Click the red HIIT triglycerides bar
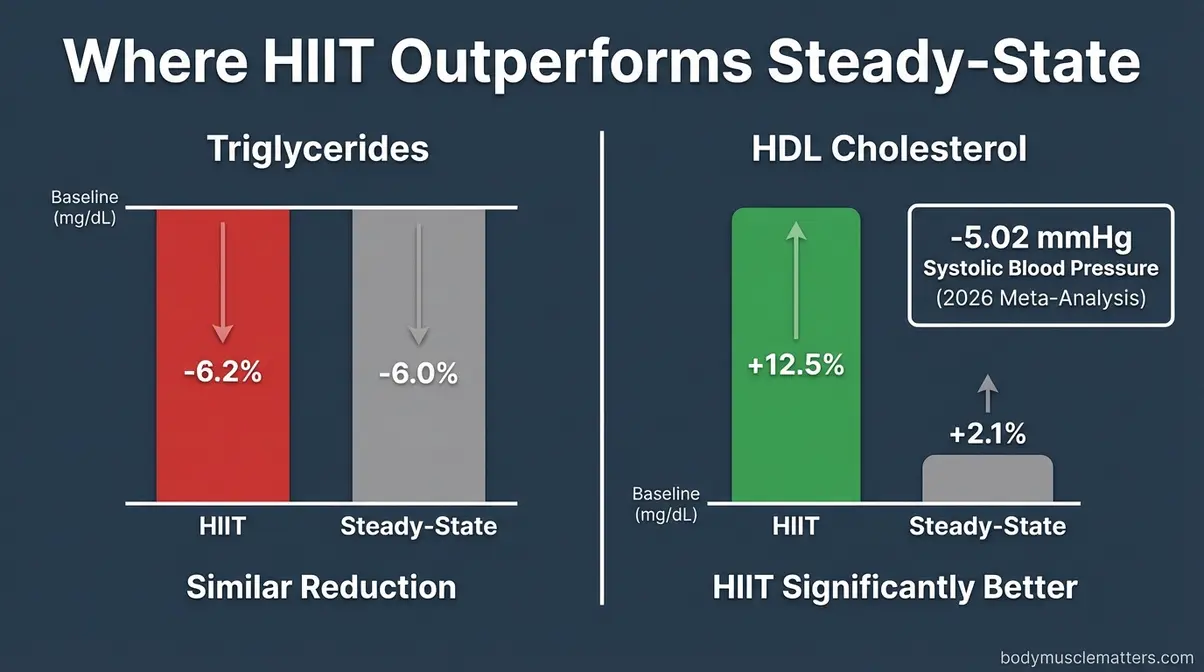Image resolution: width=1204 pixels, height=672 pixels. click(x=222, y=440)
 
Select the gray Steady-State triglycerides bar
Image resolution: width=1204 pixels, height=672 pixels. click(x=418, y=440)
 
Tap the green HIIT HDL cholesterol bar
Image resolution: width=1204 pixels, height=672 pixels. click(x=795, y=440)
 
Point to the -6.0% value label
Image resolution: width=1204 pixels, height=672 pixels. click(x=418, y=373)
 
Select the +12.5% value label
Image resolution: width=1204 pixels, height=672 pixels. click(x=795, y=365)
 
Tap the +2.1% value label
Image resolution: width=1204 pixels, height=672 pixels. click(x=987, y=434)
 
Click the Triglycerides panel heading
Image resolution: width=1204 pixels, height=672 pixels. click(x=317, y=149)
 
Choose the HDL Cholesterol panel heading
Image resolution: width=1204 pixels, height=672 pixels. click(x=889, y=149)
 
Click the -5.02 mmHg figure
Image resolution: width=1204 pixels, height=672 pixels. click(x=1040, y=238)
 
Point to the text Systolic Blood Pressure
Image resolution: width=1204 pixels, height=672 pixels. click(x=1040, y=268)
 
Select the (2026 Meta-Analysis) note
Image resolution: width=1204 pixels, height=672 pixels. click(x=1040, y=297)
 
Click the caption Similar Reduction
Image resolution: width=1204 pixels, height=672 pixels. click(x=321, y=586)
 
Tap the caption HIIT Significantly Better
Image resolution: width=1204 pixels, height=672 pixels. click(x=895, y=586)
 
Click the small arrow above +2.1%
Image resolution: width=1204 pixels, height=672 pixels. click(x=987, y=393)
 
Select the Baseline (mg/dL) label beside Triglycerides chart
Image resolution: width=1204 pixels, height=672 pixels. click(x=84, y=206)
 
